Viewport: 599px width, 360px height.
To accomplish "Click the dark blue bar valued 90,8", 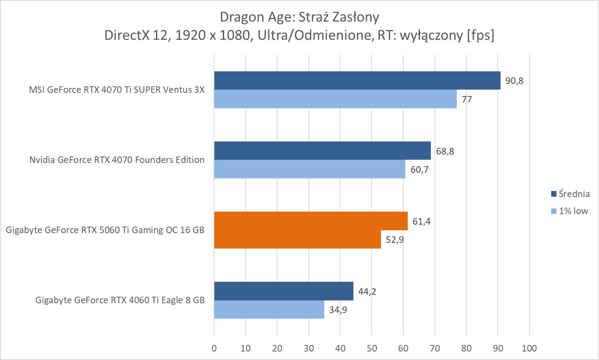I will [357, 80].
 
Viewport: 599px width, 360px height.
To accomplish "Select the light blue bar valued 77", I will [335, 99].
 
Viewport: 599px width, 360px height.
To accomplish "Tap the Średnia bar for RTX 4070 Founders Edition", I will [322, 150].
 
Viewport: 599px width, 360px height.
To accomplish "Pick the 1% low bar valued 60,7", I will [310, 169].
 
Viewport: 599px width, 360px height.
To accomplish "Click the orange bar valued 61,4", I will [311, 221].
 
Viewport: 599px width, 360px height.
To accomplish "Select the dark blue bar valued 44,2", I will [284, 291].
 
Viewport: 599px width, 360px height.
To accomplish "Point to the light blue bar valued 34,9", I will [269, 309].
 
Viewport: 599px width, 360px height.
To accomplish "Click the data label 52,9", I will [395, 240].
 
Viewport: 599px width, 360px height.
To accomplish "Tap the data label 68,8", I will [445, 151].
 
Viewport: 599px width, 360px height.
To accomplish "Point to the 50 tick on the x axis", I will [372, 348].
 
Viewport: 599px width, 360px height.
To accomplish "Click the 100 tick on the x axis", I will [529, 348].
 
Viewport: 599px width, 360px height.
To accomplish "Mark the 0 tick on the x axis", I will [214, 348].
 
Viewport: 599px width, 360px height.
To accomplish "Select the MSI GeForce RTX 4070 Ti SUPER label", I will [117, 90].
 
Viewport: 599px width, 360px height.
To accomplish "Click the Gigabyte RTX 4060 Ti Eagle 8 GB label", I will [120, 300].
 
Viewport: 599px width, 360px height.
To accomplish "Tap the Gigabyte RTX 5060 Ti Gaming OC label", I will [105, 230].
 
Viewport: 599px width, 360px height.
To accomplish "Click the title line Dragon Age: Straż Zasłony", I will [299, 17].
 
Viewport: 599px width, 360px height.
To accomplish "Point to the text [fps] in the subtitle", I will [480, 35].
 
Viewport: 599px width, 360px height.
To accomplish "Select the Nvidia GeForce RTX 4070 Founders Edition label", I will [117, 160].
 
